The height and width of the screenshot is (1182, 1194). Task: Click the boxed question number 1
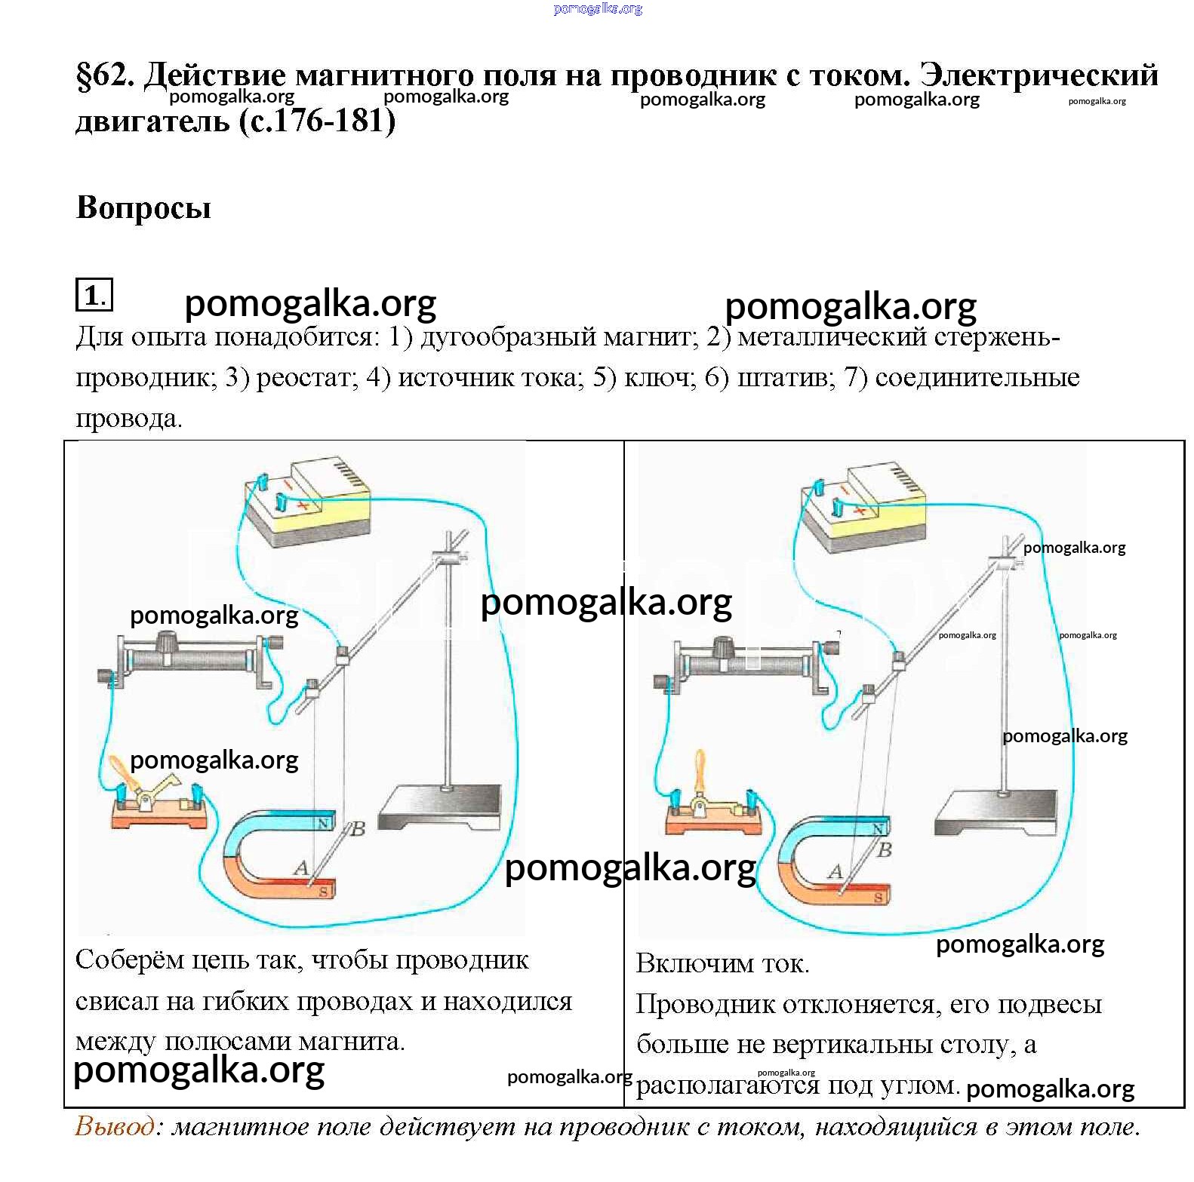pos(94,295)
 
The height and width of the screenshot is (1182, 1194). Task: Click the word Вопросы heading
pos(143,207)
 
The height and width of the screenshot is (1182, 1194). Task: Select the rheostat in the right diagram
pos(747,662)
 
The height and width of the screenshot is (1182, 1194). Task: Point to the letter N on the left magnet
pos(325,823)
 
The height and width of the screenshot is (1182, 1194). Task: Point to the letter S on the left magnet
pos(323,892)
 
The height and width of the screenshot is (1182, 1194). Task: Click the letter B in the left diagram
pos(358,830)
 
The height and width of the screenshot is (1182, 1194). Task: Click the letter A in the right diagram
pos(835,872)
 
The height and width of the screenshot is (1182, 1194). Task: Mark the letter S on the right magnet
pos(879,897)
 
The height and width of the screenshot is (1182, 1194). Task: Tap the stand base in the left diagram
pos(439,807)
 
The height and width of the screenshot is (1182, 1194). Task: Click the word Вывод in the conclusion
pos(115,1127)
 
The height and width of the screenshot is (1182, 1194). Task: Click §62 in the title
pos(104,76)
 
